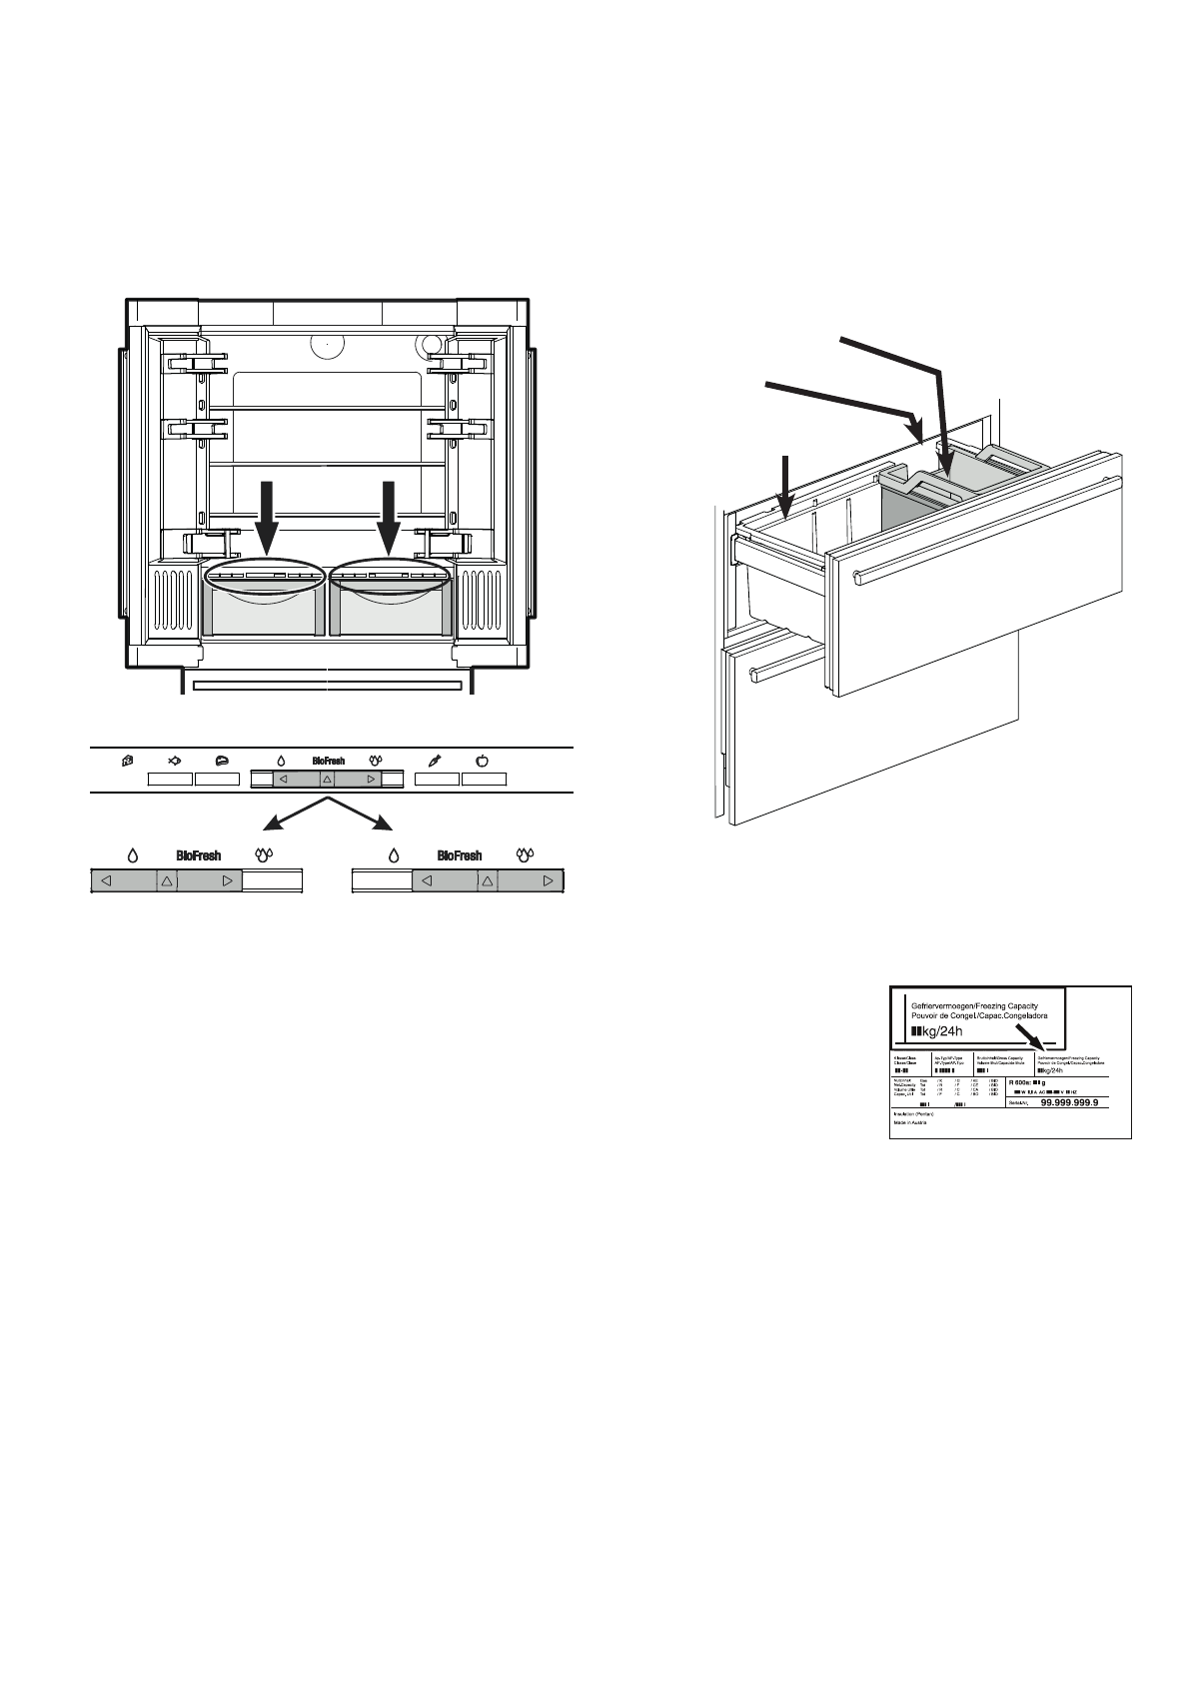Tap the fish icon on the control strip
coord(174,762)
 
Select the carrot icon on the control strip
coord(436,762)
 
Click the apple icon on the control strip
coord(482,762)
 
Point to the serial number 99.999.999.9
coord(1069,1103)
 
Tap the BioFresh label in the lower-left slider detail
coord(198,856)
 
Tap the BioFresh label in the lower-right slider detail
coord(460,856)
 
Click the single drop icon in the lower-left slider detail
coord(132,855)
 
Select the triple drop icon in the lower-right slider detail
coord(527,855)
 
